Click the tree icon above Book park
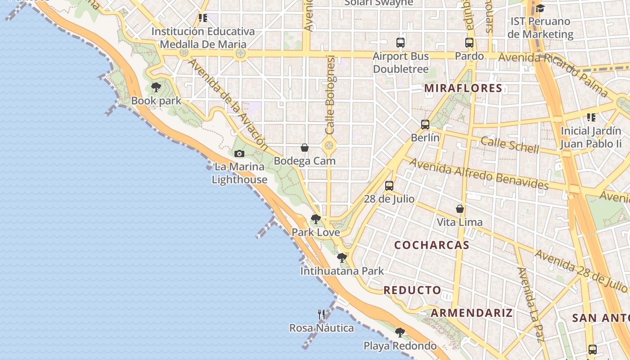pos(156,87)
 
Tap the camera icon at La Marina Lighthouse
pos(239,153)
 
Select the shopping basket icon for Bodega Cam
pos(305,148)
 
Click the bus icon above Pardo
pos(469,43)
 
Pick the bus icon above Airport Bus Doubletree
pos(400,43)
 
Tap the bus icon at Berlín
pos(425,125)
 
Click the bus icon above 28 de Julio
pos(389,185)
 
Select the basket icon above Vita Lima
pos(460,209)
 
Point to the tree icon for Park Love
pos(316,219)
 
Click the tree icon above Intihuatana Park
pos(342,258)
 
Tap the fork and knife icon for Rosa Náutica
pos(321,315)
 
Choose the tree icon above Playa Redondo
pos(400,333)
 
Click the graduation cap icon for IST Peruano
pos(540,8)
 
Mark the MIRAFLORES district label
pos(463,88)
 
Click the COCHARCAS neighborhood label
pos(432,245)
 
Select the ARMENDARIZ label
pos(472,313)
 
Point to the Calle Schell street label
pos(509,145)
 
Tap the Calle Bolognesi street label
pos(331,94)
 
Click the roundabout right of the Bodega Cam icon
pos(329,145)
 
